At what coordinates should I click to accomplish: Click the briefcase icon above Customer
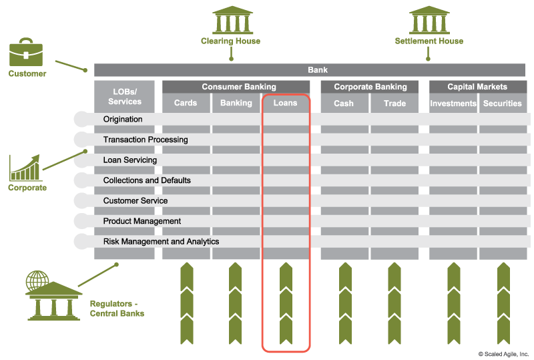click(26, 52)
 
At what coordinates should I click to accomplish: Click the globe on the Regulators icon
click(37, 280)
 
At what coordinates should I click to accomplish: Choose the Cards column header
click(186, 103)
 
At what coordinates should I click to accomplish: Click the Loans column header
click(286, 103)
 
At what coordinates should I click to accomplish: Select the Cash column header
click(344, 103)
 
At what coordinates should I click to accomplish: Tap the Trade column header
click(394, 103)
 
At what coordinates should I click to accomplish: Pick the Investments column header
click(453, 103)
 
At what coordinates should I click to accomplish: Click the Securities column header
click(502, 103)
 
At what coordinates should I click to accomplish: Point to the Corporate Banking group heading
click(370, 87)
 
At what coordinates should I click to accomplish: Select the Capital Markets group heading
click(477, 87)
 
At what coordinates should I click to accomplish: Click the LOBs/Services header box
click(125, 96)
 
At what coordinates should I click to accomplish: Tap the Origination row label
click(123, 120)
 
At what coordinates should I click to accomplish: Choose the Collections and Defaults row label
click(147, 180)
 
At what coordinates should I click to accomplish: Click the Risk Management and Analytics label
click(161, 241)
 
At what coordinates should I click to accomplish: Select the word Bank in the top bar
click(318, 70)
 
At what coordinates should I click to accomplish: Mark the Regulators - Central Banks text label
click(117, 308)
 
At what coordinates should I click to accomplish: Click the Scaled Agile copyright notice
click(503, 353)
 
